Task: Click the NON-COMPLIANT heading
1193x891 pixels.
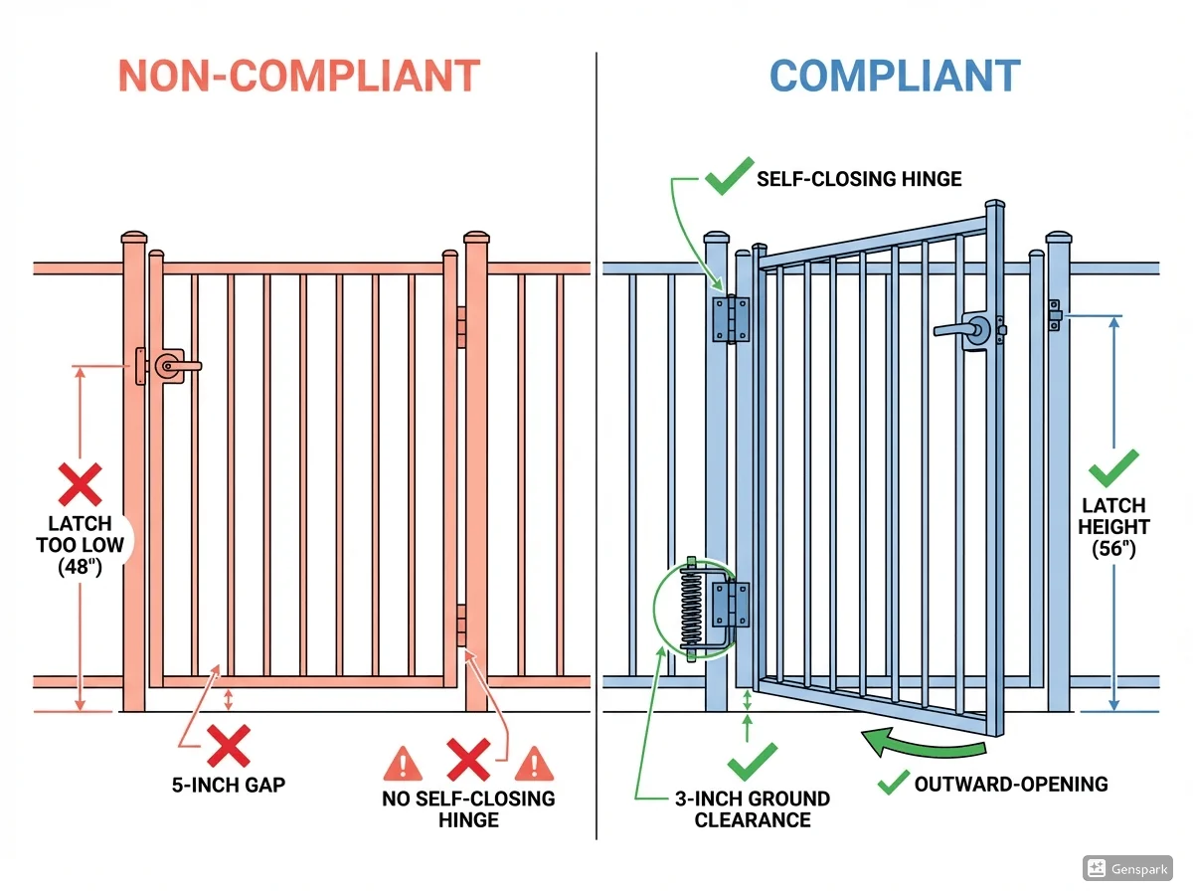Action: tap(299, 77)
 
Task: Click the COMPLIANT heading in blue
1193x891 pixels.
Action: tap(895, 77)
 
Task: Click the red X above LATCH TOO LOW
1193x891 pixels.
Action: tap(81, 484)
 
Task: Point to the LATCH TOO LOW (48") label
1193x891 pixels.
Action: tap(81, 545)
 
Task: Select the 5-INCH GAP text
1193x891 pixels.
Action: tap(228, 785)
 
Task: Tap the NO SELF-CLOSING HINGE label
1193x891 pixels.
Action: tap(468, 808)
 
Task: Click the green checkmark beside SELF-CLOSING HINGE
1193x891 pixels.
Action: tap(727, 179)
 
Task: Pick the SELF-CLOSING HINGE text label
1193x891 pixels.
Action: tap(859, 179)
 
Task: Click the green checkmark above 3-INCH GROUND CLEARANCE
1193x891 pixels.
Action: tap(752, 761)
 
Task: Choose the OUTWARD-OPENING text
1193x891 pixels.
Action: tap(1010, 784)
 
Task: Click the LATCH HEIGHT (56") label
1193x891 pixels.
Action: tap(1113, 527)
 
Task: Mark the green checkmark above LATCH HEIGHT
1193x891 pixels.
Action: tap(1113, 468)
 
